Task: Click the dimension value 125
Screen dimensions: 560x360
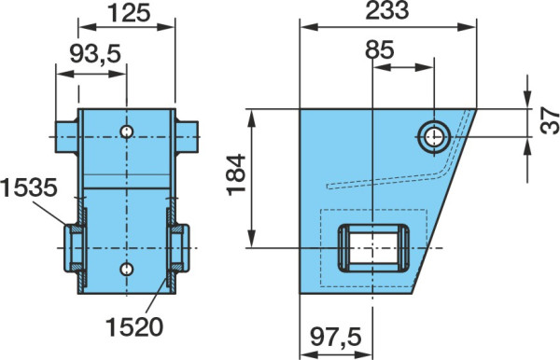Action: pos(129,13)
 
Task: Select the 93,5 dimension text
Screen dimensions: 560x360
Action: pos(95,53)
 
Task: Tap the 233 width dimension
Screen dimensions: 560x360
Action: pos(387,10)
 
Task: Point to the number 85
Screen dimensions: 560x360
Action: pos(379,49)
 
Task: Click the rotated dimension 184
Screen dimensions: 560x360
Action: pos(236,174)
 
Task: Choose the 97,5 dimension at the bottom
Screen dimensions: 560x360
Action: pos(336,337)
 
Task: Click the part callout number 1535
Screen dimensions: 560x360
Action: pos(29,187)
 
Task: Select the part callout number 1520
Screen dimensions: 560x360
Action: pos(134,326)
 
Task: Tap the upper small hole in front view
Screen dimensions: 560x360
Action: pos(126,132)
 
